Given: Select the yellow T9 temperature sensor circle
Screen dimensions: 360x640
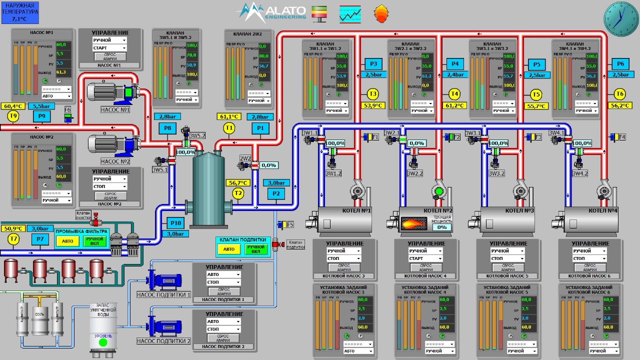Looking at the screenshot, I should coord(13,116).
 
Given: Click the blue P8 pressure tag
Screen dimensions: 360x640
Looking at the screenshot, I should coord(167,128).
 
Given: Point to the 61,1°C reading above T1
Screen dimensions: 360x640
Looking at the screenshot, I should coord(229,117).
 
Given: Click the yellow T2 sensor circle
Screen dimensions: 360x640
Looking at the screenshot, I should coord(238,193).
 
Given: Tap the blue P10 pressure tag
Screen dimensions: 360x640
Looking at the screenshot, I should coord(175,223).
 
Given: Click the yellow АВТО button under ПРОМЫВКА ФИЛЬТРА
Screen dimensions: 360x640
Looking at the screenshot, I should coord(67,241).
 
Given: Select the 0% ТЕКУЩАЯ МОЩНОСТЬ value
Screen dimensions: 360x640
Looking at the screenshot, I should coord(442,227).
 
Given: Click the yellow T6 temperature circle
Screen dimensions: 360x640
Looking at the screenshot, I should coord(619,94).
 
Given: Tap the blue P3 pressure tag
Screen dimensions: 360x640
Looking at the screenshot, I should coord(373,63).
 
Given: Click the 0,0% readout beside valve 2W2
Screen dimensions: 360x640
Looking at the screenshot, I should coord(268,165).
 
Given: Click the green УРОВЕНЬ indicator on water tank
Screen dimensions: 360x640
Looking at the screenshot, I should coord(103,342).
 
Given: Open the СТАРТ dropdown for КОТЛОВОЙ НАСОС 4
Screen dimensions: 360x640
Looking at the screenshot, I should coord(426,258).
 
